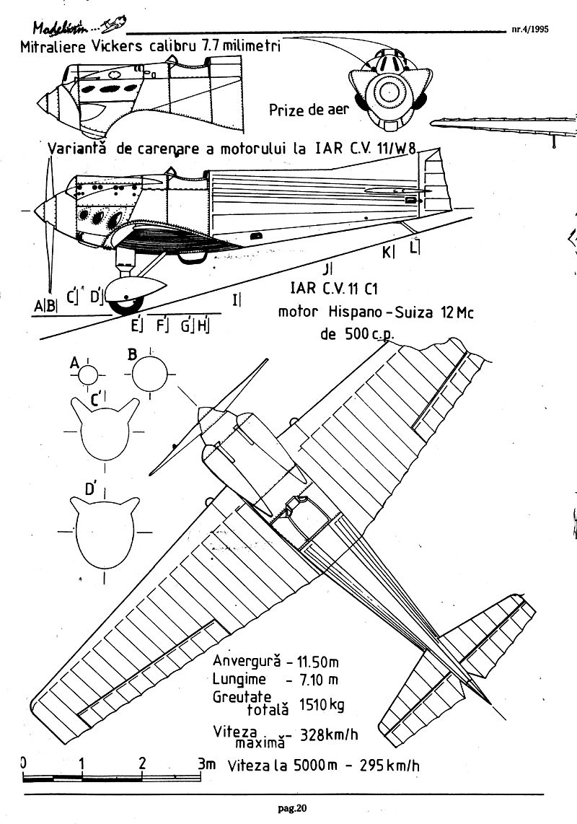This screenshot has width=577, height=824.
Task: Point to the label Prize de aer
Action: [309, 110]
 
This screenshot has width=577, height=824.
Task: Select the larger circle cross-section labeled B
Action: [149, 374]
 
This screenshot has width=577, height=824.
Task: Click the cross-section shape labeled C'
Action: [105, 431]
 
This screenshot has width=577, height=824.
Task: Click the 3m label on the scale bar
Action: [206, 763]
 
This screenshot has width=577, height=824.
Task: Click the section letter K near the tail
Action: [388, 252]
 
